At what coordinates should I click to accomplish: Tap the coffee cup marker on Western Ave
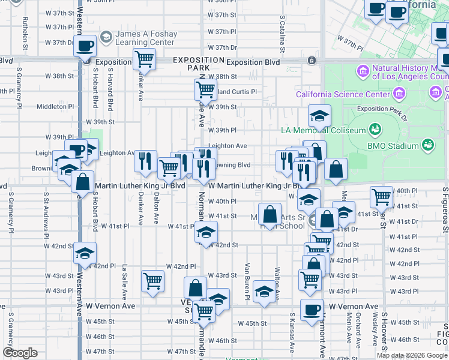pos(85,46)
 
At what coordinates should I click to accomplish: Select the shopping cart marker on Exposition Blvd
pos(144,59)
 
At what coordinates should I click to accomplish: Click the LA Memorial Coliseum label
pos(324,130)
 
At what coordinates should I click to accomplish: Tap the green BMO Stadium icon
pos(427,145)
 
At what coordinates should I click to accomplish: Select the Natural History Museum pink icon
pos(363,71)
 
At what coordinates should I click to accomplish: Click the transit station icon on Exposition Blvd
pos(311,61)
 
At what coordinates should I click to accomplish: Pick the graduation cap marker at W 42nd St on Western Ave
pos(85,253)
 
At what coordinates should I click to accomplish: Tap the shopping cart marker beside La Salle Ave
pos(152,280)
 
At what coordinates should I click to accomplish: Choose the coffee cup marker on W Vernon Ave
pos(311,310)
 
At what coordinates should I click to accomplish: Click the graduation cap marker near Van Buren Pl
pos(264,292)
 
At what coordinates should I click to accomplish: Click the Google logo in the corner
pos(20,353)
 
